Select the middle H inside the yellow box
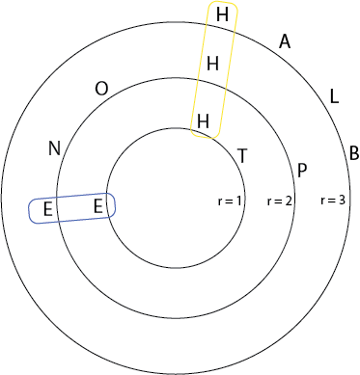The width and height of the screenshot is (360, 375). pyautogui.click(x=213, y=64)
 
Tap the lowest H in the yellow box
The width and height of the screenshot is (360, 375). pyautogui.click(x=203, y=121)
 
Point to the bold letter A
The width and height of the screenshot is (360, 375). pyautogui.click(x=285, y=41)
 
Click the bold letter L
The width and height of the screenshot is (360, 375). pyautogui.click(x=334, y=97)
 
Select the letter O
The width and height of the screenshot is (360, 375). pyautogui.click(x=101, y=89)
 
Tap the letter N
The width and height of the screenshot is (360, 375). pyautogui.click(x=54, y=148)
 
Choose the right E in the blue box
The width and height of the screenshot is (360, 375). pyautogui.click(x=97, y=205)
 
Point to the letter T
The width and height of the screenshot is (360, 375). pyautogui.click(x=241, y=156)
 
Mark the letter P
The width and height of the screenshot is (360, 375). pyautogui.click(x=302, y=172)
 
